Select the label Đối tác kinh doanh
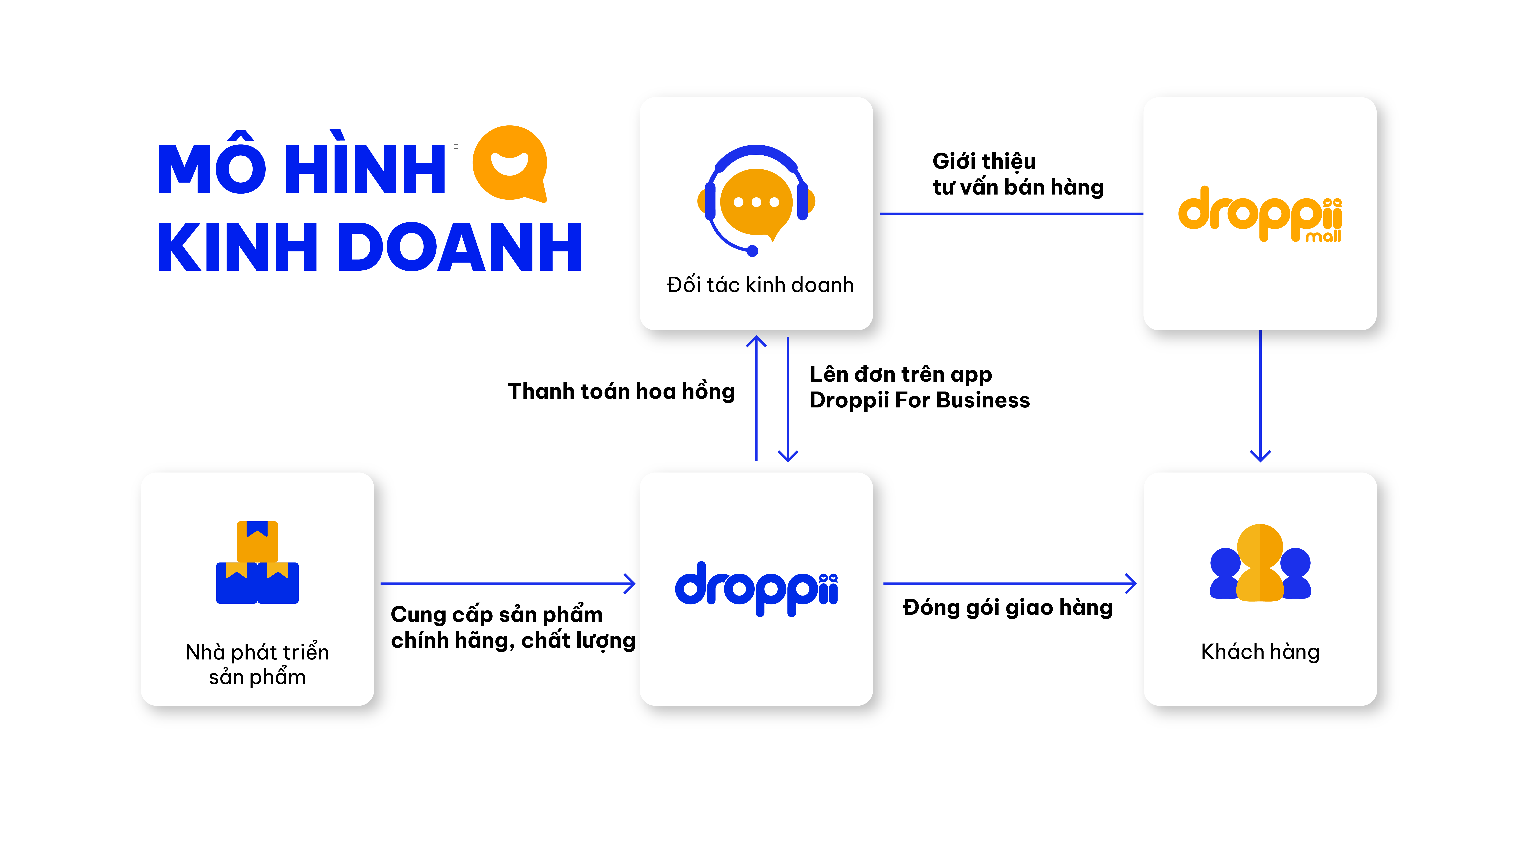click(760, 285)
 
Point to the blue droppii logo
click(756, 588)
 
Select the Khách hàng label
click(1260, 652)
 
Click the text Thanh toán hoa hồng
click(621, 391)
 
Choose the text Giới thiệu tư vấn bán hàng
click(1017, 174)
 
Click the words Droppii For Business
click(919, 400)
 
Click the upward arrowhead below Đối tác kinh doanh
click(756, 341)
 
